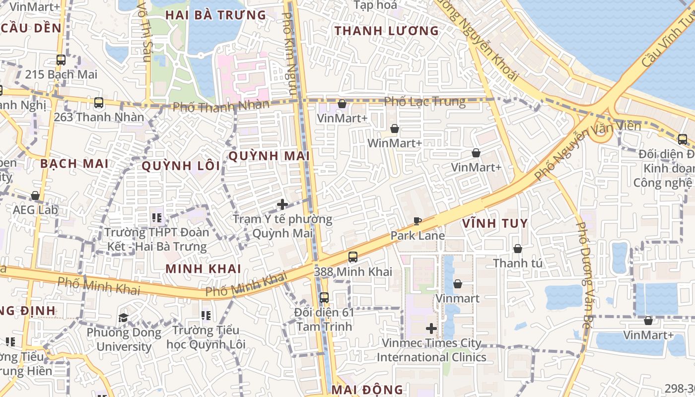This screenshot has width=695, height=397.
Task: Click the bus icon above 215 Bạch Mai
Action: pos(61,60)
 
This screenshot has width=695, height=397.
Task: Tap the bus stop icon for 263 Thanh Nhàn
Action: pos(99,103)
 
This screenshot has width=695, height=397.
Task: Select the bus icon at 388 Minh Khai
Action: pos(353,257)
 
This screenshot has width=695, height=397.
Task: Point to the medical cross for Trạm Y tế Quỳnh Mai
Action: pos(282,204)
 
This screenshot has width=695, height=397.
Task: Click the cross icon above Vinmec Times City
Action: pos(431,328)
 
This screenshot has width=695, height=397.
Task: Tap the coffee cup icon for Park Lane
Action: pos(417,221)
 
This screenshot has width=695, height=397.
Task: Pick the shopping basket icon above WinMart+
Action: pos(395,129)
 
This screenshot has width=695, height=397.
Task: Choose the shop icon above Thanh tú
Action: pos(518,249)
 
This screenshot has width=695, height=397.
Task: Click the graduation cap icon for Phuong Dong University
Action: pos(123,318)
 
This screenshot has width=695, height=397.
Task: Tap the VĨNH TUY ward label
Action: pos(495,223)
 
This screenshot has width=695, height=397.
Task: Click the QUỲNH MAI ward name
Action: pos(269,156)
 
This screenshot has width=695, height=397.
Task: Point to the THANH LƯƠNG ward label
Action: pos(387,31)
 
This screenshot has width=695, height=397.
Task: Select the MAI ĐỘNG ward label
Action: pos(367,390)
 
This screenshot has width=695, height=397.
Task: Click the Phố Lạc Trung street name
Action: pos(425,102)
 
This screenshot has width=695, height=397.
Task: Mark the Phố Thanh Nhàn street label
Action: pos(221,106)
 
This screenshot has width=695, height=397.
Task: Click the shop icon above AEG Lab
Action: pos(35,196)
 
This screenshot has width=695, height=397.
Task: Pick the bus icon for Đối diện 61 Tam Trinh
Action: pos(324,298)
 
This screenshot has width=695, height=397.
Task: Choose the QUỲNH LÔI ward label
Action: pos(181,166)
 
